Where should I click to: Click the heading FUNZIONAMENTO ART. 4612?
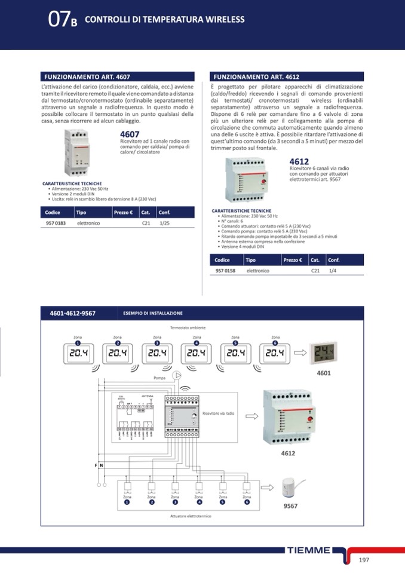[x=256, y=77]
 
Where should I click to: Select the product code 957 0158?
[x=225, y=271]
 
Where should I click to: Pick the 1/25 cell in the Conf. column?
[x=165, y=223]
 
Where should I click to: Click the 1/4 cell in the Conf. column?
[x=333, y=271]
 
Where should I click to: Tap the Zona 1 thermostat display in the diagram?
[x=78, y=353]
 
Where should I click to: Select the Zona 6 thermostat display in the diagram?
[x=275, y=353]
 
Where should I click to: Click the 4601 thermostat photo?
[x=323, y=353]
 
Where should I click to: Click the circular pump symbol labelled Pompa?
[x=177, y=376]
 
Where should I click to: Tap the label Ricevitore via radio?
[x=219, y=413]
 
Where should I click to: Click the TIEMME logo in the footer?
[x=308, y=550]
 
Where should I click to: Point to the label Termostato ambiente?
[x=188, y=328]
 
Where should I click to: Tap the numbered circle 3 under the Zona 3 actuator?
[x=175, y=502]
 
